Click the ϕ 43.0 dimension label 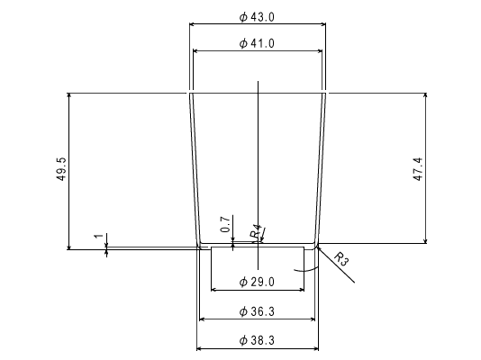coord(257,17)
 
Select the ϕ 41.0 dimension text coord(257,43)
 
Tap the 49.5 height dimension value coord(61,169)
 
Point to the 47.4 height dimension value coord(418,169)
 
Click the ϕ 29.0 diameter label coord(257,282)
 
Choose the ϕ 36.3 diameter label coord(257,311)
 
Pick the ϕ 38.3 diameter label coord(257,340)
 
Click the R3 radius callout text coord(341,258)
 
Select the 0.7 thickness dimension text coord(225,224)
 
